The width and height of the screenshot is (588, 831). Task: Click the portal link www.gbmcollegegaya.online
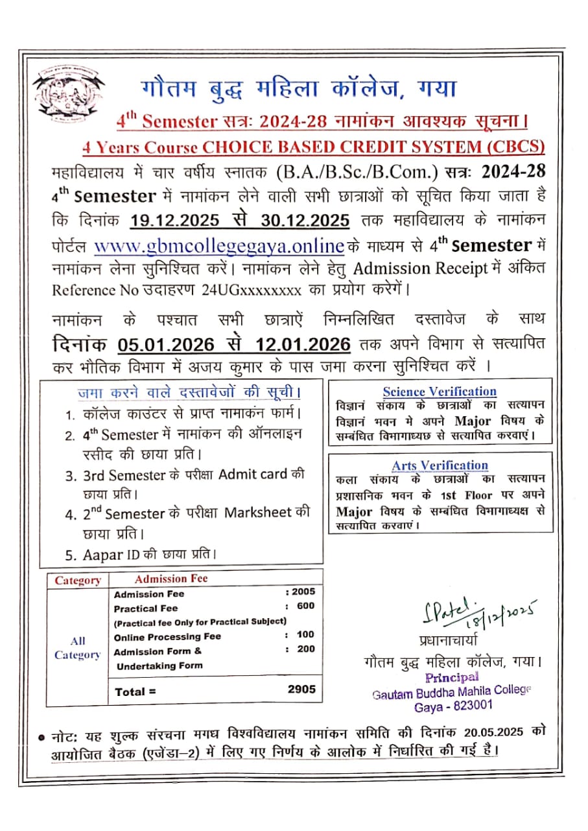click(x=218, y=247)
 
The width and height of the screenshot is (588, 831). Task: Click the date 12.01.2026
click(x=303, y=344)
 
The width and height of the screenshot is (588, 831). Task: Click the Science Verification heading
click(x=440, y=391)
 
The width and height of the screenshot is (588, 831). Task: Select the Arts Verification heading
click(x=440, y=465)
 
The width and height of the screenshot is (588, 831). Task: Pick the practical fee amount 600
click(x=306, y=606)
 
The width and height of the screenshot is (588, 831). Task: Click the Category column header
click(x=78, y=580)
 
